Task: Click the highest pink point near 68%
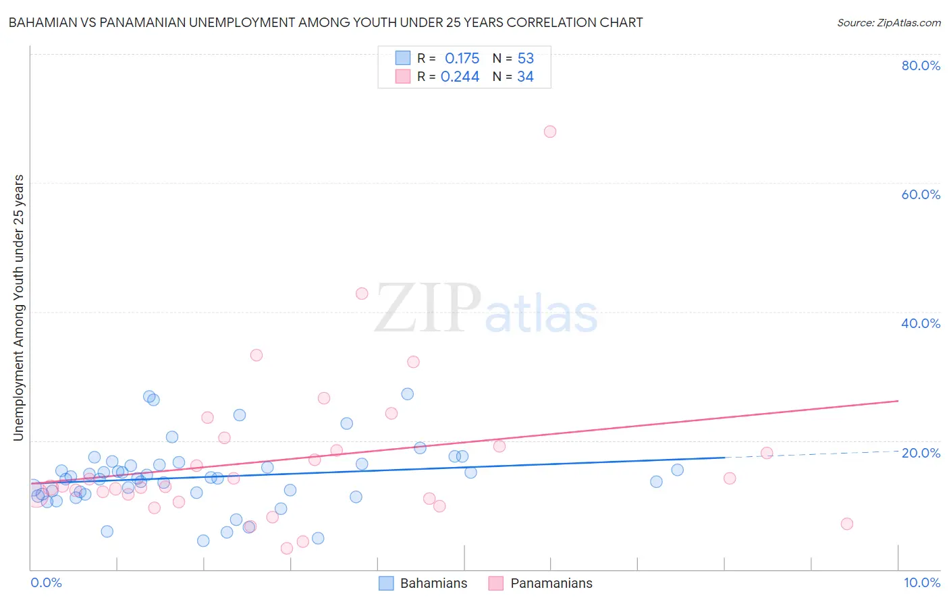550,132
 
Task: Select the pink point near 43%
362,294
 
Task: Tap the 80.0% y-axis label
921,65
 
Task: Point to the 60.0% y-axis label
921,194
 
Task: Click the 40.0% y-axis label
921,323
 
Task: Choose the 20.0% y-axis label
921,452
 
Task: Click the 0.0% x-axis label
46,582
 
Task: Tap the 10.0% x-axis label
921,582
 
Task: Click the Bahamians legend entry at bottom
433,583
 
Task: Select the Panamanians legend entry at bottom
551,583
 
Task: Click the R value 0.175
462,59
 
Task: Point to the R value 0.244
460,77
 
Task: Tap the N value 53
525,59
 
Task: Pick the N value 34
525,77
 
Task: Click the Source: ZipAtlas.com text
888,23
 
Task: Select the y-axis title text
19,308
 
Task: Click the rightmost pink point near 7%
847,524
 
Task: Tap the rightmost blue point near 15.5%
678,470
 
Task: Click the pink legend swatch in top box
403,76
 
